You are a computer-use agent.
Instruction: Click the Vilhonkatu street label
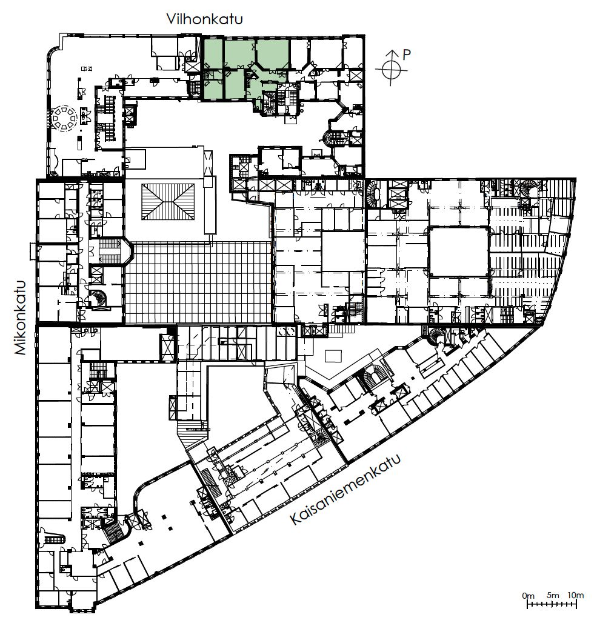click(x=205, y=19)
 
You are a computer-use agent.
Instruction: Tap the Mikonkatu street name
click(x=20, y=318)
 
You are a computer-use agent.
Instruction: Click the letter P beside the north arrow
click(x=407, y=55)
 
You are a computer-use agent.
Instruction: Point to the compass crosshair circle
click(x=392, y=70)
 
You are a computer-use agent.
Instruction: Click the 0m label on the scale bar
click(x=528, y=596)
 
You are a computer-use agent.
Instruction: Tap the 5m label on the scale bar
click(x=553, y=595)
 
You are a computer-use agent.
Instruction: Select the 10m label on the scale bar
click(x=575, y=595)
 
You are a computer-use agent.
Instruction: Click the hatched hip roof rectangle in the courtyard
click(x=168, y=201)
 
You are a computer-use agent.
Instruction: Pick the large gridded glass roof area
click(x=198, y=282)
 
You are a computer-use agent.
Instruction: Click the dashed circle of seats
click(x=63, y=118)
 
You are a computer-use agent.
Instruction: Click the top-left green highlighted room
click(x=213, y=53)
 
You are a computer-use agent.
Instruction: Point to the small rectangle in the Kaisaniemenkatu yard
click(x=333, y=356)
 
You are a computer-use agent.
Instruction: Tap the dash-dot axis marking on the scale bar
click(x=552, y=605)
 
